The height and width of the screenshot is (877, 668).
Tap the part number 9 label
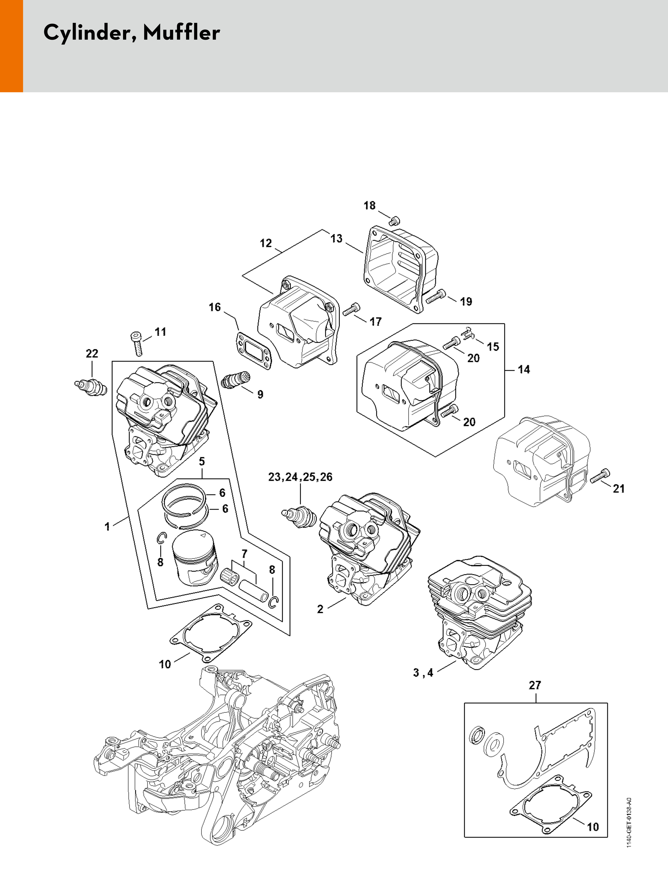[x=260, y=394]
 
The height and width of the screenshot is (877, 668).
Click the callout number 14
[x=524, y=370]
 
